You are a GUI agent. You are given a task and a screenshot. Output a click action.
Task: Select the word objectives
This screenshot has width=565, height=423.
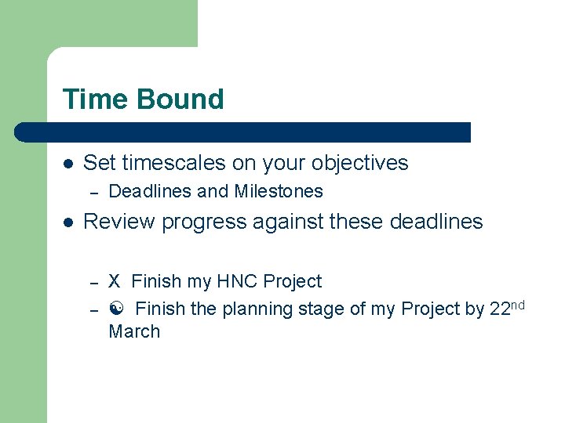(x=359, y=163)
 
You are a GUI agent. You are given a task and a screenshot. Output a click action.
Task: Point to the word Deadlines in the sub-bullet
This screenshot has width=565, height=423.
(x=150, y=191)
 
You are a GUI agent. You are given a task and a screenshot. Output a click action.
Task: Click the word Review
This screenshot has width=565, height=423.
(x=119, y=222)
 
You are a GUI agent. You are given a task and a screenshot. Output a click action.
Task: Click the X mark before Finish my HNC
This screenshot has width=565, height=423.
(x=115, y=281)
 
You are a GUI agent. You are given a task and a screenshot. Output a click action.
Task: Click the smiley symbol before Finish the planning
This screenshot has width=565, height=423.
(x=115, y=309)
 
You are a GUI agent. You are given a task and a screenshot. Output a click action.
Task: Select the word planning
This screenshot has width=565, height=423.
(x=254, y=309)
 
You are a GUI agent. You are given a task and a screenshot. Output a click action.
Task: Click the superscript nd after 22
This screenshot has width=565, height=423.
(x=518, y=304)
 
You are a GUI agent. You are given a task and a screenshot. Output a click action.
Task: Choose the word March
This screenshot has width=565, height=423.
(x=134, y=331)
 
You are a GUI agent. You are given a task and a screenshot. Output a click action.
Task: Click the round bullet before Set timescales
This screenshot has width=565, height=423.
(x=68, y=164)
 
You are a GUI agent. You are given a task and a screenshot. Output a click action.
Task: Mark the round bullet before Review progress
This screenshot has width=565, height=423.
(x=68, y=222)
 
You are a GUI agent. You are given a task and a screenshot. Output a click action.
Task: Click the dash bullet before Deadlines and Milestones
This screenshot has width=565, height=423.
(x=93, y=192)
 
